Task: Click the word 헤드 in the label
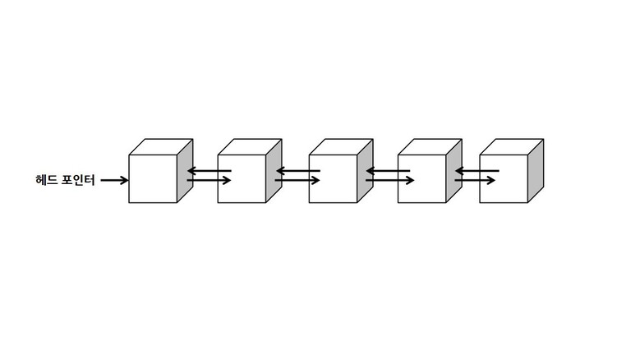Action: coord(46,180)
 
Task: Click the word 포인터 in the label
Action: coord(78,180)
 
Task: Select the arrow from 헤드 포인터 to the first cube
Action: coord(114,180)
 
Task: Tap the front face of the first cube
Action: coord(153,179)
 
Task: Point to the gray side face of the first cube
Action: coord(185,171)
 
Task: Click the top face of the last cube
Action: coord(512,147)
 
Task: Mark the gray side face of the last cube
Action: coord(536,171)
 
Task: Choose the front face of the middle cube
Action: coord(333,179)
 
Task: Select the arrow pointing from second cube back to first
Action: coord(209,171)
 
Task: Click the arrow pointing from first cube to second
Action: coord(209,180)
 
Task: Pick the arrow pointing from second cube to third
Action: coord(297,180)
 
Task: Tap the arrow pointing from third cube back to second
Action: coord(298,171)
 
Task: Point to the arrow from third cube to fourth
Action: coord(389,180)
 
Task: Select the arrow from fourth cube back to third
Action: coord(388,171)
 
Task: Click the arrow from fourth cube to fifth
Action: coord(475,180)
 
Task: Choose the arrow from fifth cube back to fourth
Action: coord(477,171)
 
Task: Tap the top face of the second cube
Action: coord(250,147)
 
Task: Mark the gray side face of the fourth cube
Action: coord(454,171)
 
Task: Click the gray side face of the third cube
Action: coord(365,171)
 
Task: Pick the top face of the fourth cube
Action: coord(430,147)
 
